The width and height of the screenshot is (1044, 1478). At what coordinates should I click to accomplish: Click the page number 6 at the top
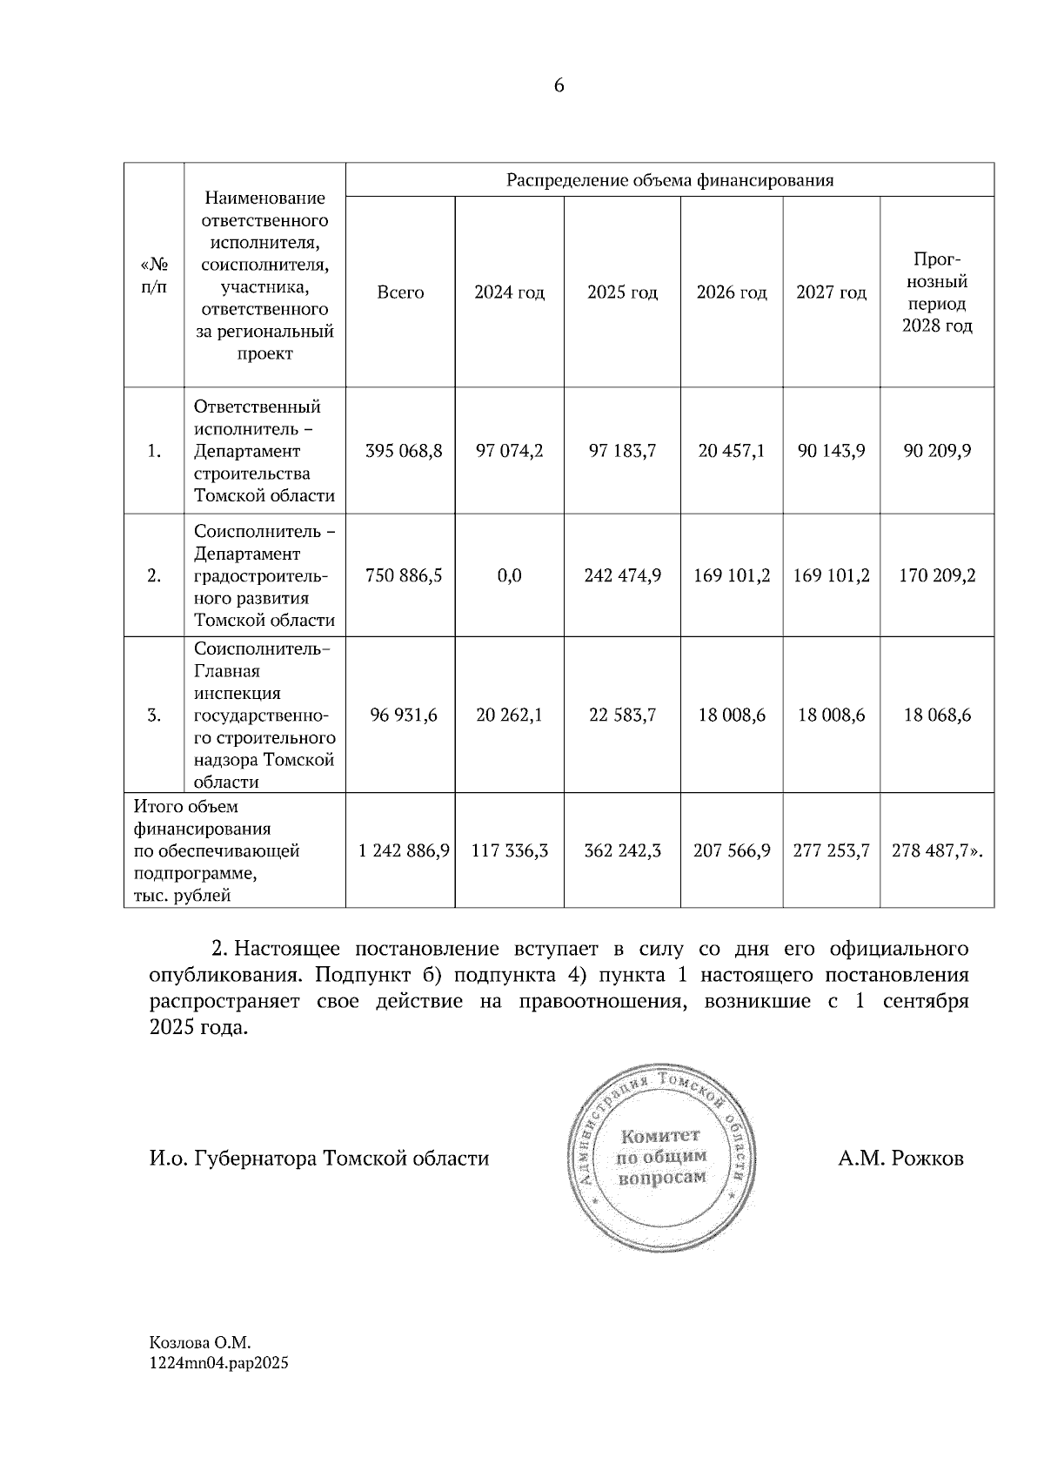click(x=559, y=85)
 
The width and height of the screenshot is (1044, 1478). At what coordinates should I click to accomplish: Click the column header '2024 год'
click(x=509, y=292)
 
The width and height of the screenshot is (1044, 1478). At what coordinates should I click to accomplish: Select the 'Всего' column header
click(x=400, y=292)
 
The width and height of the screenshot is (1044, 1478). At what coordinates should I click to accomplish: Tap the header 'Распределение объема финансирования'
click(x=670, y=180)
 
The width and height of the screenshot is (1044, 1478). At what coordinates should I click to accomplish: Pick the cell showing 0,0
click(x=509, y=575)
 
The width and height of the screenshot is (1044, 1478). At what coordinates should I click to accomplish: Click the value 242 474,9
click(x=623, y=575)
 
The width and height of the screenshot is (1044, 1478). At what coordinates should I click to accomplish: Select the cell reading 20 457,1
click(x=732, y=451)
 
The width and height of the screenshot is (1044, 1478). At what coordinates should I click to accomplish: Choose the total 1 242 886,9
click(x=404, y=850)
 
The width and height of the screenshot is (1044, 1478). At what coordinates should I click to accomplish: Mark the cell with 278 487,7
click(x=936, y=850)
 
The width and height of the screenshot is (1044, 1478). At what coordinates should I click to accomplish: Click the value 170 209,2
click(x=937, y=575)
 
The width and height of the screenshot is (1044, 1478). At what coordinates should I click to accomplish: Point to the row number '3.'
click(x=154, y=715)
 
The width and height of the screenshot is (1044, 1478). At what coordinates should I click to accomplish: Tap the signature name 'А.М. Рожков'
click(x=901, y=1159)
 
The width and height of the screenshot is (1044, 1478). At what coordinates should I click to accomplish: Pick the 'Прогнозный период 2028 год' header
click(x=937, y=292)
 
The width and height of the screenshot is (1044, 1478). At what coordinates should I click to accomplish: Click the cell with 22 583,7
click(x=623, y=715)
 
